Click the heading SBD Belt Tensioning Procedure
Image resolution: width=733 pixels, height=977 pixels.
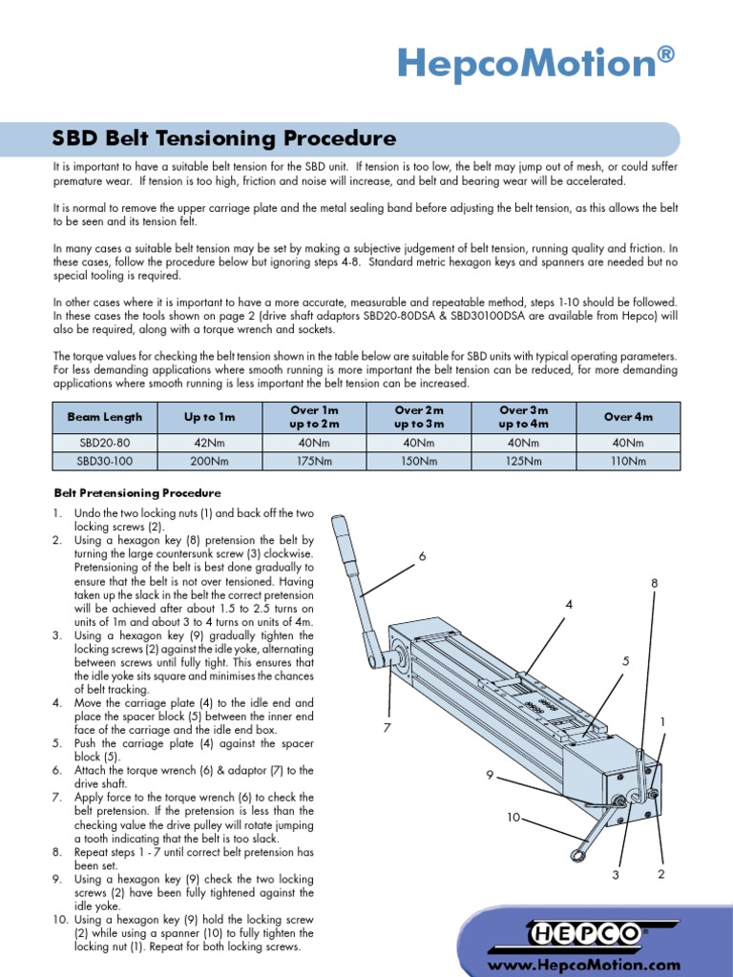[223, 138]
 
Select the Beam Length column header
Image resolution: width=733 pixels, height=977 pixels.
[104, 417]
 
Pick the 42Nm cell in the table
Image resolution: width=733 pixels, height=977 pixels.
[209, 444]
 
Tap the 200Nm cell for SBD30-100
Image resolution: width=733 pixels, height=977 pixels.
[209, 461]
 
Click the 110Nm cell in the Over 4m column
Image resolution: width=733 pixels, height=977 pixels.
[627, 461]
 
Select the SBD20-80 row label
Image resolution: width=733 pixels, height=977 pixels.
[104, 444]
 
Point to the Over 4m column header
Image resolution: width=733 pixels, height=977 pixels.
[627, 417]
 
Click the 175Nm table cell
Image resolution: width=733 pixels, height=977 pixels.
[314, 461]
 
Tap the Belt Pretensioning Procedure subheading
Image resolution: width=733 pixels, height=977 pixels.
[136, 493]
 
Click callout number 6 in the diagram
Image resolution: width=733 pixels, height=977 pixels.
[421, 556]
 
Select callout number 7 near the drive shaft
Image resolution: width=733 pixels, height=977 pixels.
[387, 729]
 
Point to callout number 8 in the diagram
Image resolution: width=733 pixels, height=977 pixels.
[655, 582]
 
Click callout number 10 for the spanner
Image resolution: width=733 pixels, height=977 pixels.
[513, 818]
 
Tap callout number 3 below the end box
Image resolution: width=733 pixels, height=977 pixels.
[616, 874]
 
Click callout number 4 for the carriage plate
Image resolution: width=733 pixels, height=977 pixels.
[569, 605]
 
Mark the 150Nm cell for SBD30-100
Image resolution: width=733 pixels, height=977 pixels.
[418, 461]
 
